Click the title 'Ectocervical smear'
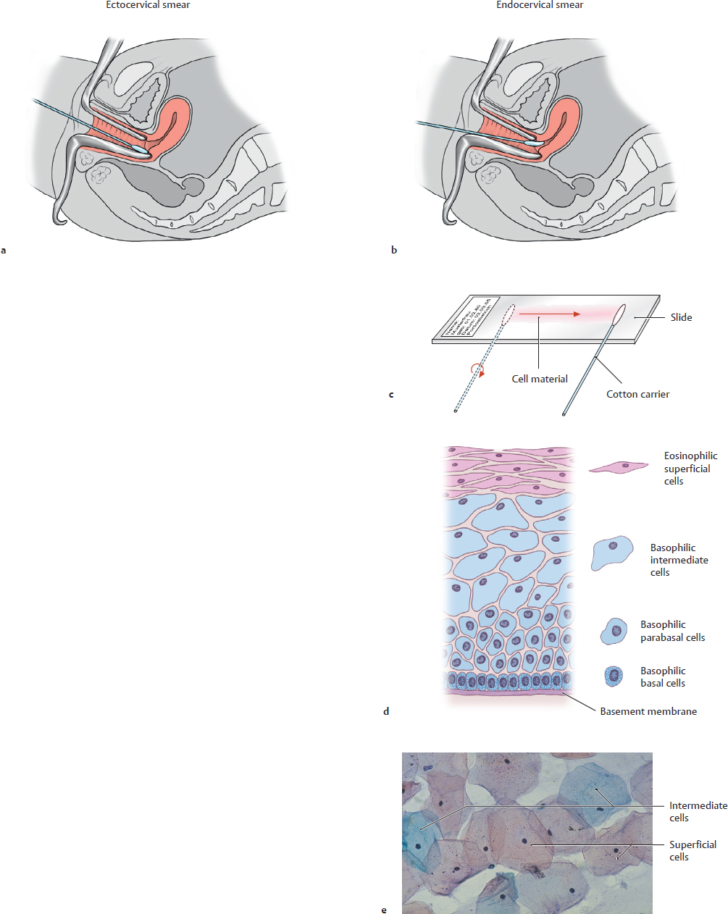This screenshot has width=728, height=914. pyautogui.click(x=148, y=5)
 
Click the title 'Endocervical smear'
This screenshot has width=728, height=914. pyautogui.click(x=540, y=5)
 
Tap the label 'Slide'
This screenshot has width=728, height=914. pyautogui.click(x=681, y=317)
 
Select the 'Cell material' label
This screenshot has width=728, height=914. pyautogui.click(x=540, y=379)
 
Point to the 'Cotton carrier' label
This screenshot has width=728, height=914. pyautogui.click(x=637, y=394)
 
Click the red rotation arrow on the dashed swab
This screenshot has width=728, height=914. pyautogui.click(x=477, y=369)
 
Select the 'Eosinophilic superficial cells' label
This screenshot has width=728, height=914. pyautogui.click(x=690, y=468)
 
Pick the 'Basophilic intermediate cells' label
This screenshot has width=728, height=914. pyautogui.click(x=679, y=560)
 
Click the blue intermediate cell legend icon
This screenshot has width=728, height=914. pyautogui.click(x=612, y=554)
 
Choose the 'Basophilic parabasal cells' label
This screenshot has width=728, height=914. pyautogui.click(x=672, y=631)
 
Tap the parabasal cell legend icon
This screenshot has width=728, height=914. pyautogui.click(x=615, y=632)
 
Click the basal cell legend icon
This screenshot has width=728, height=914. pyautogui.click(x=614, y=676)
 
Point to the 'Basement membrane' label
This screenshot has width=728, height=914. pyautogui.click(x=648, y=711)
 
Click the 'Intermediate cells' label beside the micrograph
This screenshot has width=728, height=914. pyautogui.click(x=698, y=811)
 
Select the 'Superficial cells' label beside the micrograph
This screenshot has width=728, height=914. pyautogui.click(x=693, y=850)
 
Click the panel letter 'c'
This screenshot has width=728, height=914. pyautogui.click(x=391, y=395)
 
